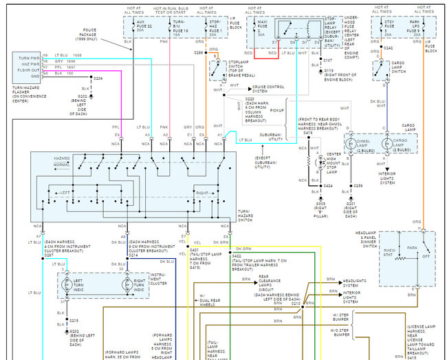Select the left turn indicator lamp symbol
pyautogui.click(x=67, y=284)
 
